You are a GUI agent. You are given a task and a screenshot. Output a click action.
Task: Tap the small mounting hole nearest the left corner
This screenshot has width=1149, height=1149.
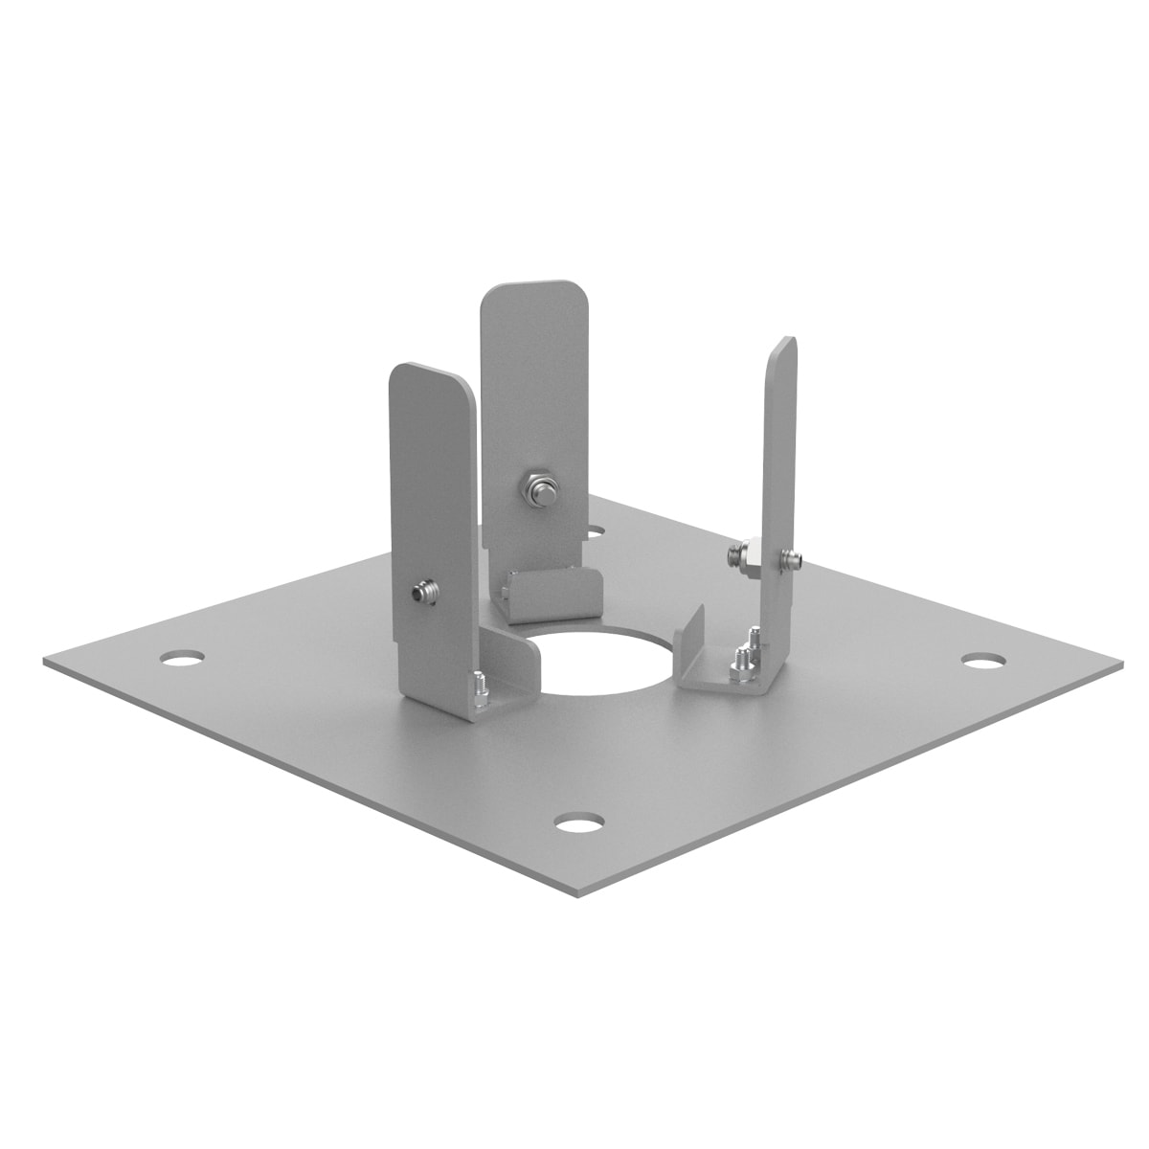tap(182, 659)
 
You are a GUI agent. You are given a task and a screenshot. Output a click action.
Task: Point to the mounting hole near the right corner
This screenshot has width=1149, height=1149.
tap(983, 661)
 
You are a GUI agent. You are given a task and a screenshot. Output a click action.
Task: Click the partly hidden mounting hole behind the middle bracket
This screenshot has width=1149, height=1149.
tap(596, 529)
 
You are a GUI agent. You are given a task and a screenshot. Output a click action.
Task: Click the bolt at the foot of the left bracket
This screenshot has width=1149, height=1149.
tap(478, 687)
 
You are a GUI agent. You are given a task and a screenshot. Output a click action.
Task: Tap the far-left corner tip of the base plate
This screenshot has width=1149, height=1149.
tap(45, 661)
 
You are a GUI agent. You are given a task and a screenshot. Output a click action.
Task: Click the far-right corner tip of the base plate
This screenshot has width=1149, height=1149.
tap(1118, 661)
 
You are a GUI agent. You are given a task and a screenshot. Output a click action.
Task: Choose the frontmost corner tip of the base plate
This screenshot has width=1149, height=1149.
tap(578, 897)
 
